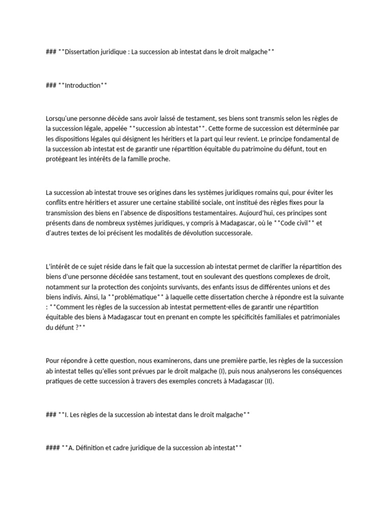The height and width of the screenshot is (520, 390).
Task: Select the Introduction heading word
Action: [x=83, y=85]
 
